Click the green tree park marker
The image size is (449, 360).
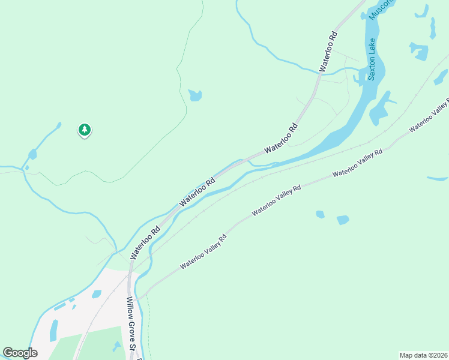tap(85, 130)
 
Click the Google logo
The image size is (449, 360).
tap(20, 353)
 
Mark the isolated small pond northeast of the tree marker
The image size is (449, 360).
tap(194, 95)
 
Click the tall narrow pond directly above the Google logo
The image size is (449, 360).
tap(53, 330)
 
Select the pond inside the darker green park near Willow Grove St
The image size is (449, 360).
tap(116, 346)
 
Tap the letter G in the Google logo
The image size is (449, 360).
tap(8, 353)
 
